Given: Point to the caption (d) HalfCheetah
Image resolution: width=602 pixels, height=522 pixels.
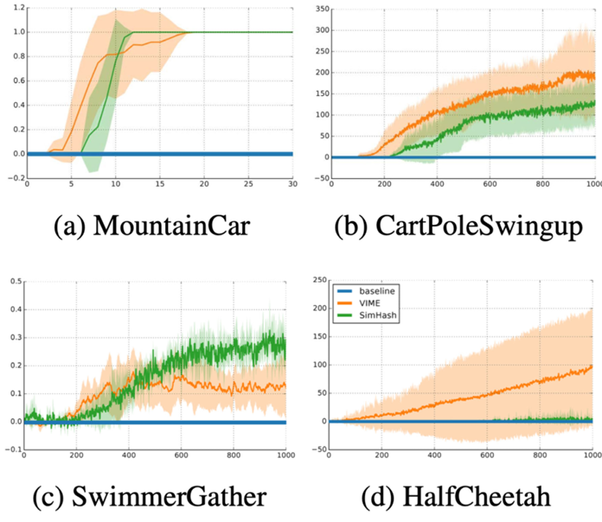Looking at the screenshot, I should click(x=451, y=498).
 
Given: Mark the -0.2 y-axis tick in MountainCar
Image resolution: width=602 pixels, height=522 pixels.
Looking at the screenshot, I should click(x=14, y=178).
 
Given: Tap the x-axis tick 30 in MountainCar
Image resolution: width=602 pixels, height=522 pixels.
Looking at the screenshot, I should click(x=291, y=186).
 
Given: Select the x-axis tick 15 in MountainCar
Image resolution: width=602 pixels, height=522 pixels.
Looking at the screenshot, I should click(x=159, y=186).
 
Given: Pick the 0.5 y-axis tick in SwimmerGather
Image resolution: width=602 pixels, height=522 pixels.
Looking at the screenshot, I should click(x=14, y=282).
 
